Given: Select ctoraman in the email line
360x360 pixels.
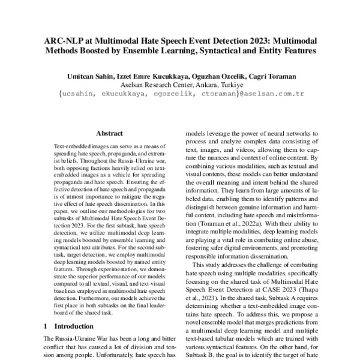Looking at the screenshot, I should point(221,94).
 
